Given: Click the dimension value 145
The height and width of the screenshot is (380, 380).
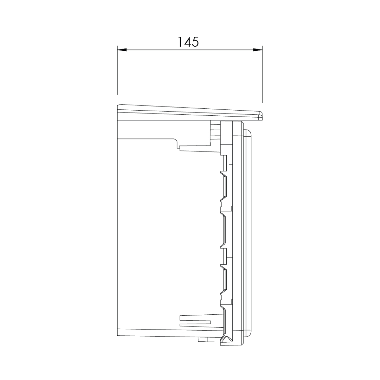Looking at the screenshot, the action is pos(189,42).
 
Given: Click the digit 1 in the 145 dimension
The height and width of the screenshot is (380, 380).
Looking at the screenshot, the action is pos(180,42).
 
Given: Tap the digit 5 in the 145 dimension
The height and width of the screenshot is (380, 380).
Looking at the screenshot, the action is pos(196,42).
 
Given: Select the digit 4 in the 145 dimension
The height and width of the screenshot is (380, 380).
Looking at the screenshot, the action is pos(187,42).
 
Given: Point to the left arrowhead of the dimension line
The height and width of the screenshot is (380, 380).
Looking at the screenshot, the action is pos(122,50).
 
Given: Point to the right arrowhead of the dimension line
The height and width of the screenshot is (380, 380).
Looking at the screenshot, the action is pos(258,50).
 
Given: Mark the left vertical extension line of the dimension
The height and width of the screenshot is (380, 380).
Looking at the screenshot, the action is pos(117,70).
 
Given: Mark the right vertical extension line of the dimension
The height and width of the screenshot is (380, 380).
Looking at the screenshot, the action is pos(263,74).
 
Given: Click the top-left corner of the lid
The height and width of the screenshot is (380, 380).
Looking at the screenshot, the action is pos(118,105).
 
